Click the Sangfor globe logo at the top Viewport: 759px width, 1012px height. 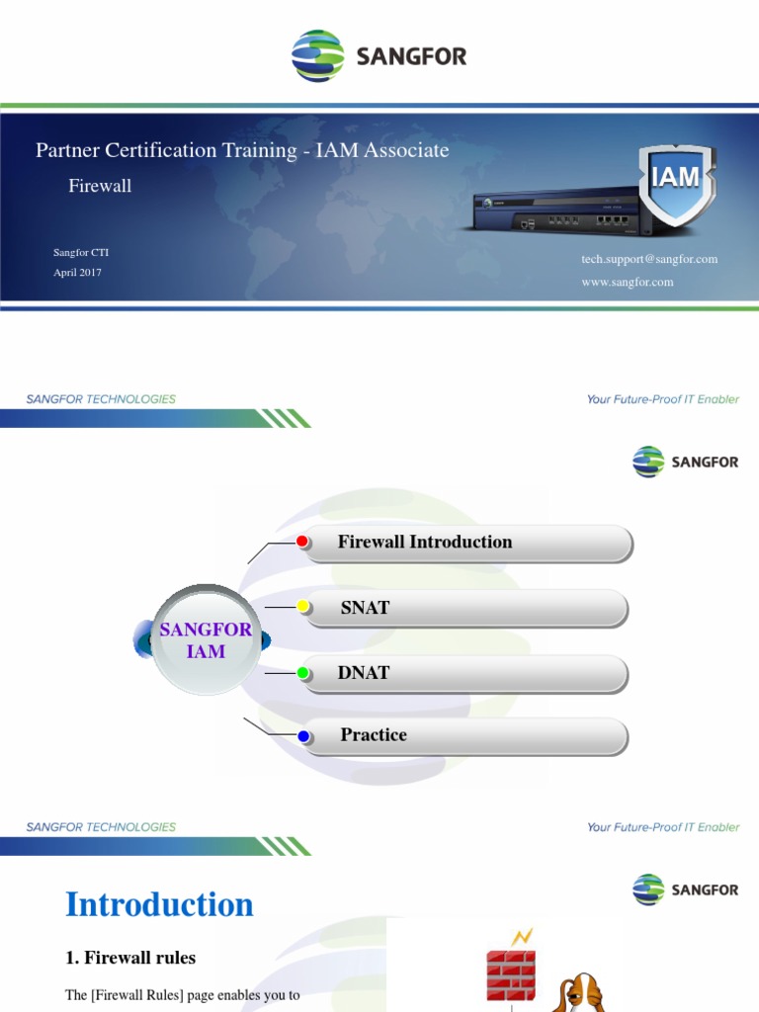[x=317, y=56]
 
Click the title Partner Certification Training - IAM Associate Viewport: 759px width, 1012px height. [x=242, y=150]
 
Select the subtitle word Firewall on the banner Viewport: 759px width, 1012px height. [x=99, y=186]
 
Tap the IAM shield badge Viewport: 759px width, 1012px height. [x=675, y=182]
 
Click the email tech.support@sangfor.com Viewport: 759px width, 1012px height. [x=648, y=259]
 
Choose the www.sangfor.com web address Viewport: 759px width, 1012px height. [x=627, y=282]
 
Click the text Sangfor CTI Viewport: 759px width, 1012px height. [x=81, y=253]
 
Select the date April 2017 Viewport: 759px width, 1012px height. [x=77, y=273]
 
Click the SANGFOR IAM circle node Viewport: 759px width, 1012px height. [x=206, y=640]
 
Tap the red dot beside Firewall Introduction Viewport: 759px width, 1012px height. [x=303, y=541]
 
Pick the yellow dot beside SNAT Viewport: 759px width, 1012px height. [x=303, y=607]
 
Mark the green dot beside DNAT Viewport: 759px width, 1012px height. [x=303, y=673]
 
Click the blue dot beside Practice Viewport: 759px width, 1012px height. [x=303, y=735]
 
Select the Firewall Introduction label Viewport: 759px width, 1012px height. [x=425, y=542]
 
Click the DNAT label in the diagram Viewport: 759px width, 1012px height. [x=364, y=673]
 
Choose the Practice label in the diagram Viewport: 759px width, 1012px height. [x=374, y=735]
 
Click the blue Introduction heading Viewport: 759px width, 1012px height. [x=159, y=904]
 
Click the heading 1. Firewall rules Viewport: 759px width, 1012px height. [x=130, y=958]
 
